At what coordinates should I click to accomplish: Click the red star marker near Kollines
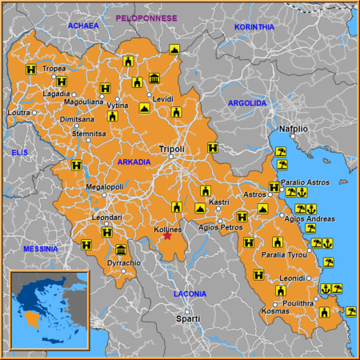pyautogui.click(x=167, y=236)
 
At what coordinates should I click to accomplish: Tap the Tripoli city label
pyautogui.click(x=172, y=150)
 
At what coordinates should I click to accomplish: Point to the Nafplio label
pyautogui.click(x=294, y=128)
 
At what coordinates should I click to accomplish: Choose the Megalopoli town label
pyautogui.click(x=104, y=187)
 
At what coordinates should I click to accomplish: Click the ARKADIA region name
pyautogui.click(x=134, y=162)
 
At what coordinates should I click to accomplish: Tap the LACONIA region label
pyautogui.click(x=190, y=294)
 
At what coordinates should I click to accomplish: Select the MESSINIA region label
pyautogui.click(x=41, y=249)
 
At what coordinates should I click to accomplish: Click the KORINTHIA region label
pyautogui.click(x=254, y=26)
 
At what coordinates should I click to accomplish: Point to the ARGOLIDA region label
pyautogui.click(x=247, y=103)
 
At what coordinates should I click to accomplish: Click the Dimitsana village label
pyautogui.click(x=77, y=118)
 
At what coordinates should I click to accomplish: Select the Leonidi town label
pyautogui.click(x=292, y=278)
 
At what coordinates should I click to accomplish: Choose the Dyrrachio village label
pyautogui.click(x=124, y=263)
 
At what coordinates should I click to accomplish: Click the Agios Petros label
pyautogui.click(x=220, y=227)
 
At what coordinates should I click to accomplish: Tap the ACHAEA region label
pyautogui.click(x=83, y=26)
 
